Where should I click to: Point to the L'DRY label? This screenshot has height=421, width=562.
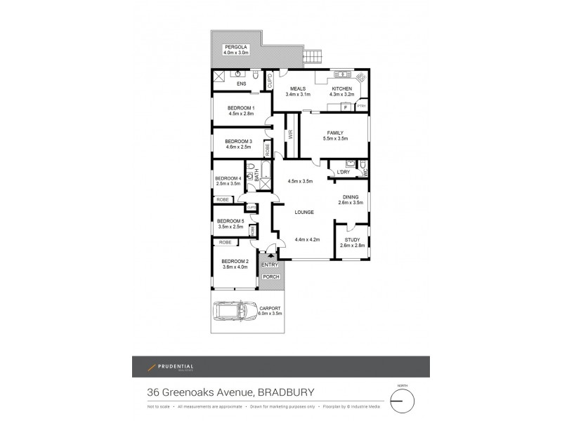tap(344, 172)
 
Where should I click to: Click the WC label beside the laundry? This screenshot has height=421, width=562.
tap(364, 173)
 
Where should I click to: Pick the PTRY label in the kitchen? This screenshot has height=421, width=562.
tap(361, 107)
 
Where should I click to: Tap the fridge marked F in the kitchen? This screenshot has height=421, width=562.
tap(346, 107)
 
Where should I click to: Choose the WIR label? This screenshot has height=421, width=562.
tap(289, 137)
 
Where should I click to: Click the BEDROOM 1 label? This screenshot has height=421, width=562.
tap(240, 107)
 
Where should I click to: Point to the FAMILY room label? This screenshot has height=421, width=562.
tap(333, 133)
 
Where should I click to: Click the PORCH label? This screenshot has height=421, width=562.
tap(270, 277)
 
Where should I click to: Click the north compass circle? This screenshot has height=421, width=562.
tap(403, 401)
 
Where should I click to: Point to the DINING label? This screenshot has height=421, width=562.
tap(351, 197)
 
